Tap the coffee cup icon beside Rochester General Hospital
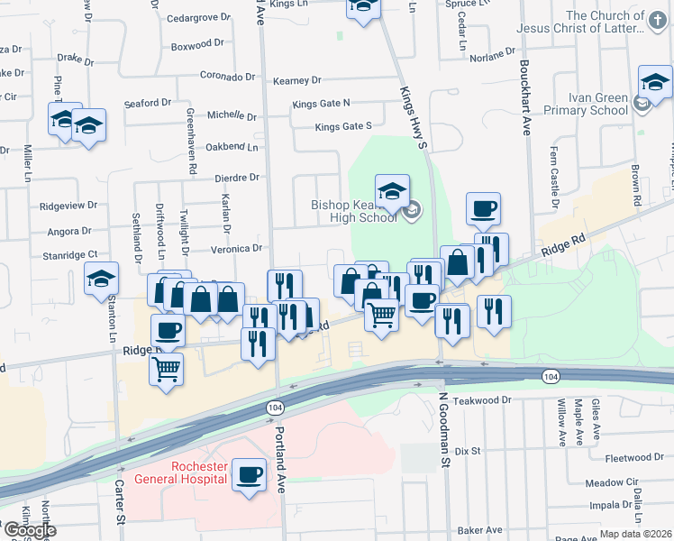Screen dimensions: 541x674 click(249, 472)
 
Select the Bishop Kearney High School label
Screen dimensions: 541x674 click(354, 211)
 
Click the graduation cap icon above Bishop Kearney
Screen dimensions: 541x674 click(392, 191)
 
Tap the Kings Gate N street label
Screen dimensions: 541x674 click(320, 104)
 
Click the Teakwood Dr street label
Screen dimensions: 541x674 click(482, 399)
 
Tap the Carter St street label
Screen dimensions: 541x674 click(118, 500)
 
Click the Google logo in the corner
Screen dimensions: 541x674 click(29, 530)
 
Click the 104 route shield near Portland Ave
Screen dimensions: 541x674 click(274, 408)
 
